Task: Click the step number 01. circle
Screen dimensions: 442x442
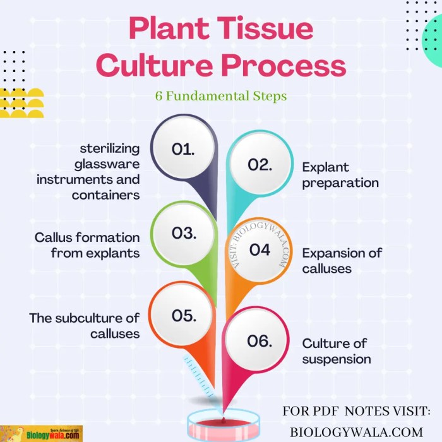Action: (x=183, y=150)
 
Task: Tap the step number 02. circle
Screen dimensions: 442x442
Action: (x=260, y=165)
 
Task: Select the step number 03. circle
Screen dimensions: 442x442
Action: (x=184, y=233)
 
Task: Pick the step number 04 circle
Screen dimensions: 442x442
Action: (x=260, y=250)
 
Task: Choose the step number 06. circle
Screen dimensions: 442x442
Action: (x=260, y=342)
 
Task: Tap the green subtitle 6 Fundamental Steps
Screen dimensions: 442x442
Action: (x=220, y=97)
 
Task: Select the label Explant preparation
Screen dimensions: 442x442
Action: (x=340, y=175)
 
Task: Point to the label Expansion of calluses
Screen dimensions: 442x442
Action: (x=342, y=261)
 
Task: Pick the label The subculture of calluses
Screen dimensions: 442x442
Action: (x=85, y=325)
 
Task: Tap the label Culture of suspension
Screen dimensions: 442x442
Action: (x=336, y=351)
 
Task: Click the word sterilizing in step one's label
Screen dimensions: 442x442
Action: (x=109, y=149)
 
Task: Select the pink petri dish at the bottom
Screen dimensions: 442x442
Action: (x=224, y=425)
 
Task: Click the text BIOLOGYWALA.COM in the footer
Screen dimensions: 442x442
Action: (x=356, y=431)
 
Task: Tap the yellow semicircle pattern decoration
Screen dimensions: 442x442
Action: (x=21, y=104)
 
